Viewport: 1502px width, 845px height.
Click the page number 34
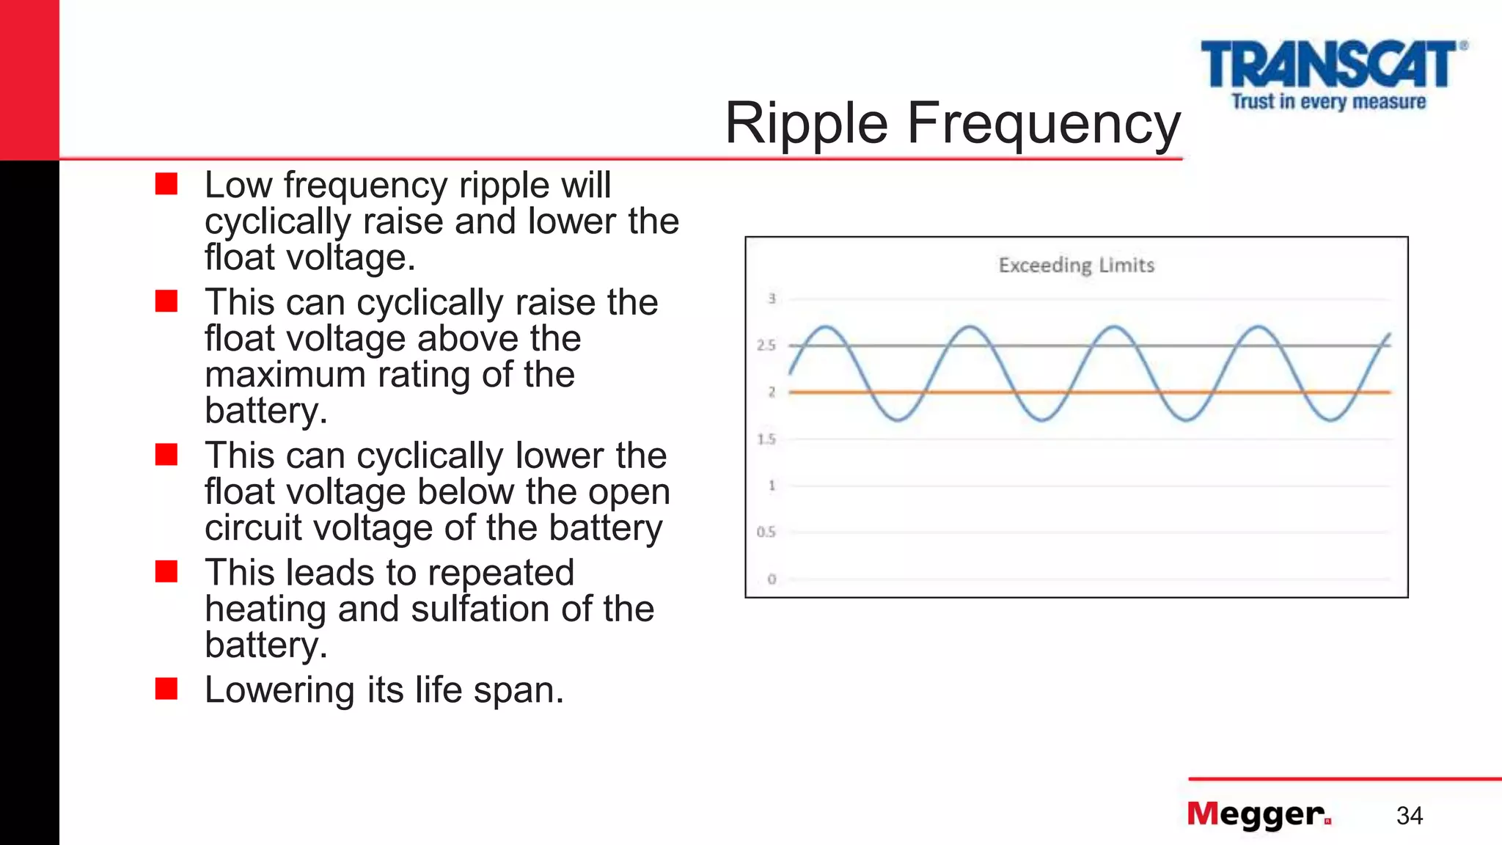pos(1409,816)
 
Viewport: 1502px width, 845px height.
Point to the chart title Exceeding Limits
pos(1076,265)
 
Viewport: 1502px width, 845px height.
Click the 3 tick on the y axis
pos(772,299)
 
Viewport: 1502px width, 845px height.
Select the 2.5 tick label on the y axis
pos(766,345)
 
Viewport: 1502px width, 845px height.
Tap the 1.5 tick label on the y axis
pos(766,439)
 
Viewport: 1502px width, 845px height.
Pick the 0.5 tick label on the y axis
pos(766,532)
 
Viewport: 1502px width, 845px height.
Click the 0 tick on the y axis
pos(772,579)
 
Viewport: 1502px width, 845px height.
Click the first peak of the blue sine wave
pos(827,326)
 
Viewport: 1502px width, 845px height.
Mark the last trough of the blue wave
pos(1330,420)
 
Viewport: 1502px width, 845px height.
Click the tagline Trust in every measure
pos(1328,101)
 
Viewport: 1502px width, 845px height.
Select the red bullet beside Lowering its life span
pos(166,689)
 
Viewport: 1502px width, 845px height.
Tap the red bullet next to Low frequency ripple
pos(166,184)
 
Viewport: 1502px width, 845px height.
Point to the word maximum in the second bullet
pos(285,375)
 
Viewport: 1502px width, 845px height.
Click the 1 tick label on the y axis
pos(772,485)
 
